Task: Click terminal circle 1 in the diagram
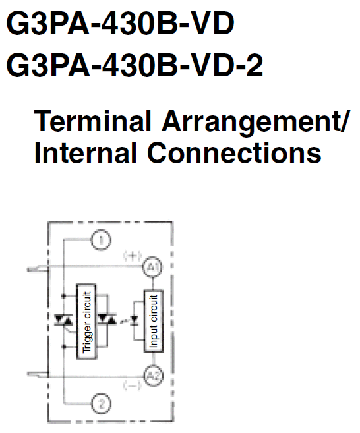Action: [x=101, y=240]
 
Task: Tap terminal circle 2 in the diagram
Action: [x=101, y=404]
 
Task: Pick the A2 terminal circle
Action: [x=154, y=376]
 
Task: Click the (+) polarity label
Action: [x=133, y=256]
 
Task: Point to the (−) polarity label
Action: [x=133, y=385]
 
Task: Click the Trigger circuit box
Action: [x=86, y=322]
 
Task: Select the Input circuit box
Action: [x=154, y=321]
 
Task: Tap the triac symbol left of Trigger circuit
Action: [x=63, y=320]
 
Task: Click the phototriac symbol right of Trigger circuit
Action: [x=107, y=319]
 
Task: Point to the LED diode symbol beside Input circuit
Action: [x=135, y=320]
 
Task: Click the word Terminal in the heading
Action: [x=92, y=121]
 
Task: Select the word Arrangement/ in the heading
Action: [x=256, y=123]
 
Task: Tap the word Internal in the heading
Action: [x=85, y=153]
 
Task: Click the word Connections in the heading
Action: [x=234, y=153]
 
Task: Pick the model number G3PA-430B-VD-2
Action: [x=135, y=65]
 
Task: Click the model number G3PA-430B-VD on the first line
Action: [x=120, y=23]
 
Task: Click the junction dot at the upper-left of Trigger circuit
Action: [x=63, y=296]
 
